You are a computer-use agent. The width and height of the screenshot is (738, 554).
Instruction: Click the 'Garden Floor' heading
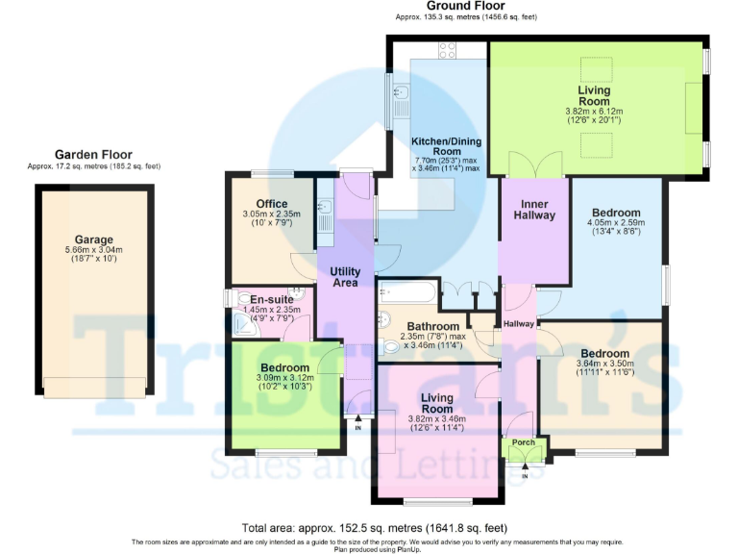coord(93,154)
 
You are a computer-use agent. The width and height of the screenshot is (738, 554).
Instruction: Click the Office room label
coord(258,203)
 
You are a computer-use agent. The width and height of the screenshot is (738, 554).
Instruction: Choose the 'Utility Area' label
coord(345,277)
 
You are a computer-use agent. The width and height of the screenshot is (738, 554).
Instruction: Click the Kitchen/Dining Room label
coord(446,145)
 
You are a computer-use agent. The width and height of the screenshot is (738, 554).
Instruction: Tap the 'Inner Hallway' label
coord(535,210)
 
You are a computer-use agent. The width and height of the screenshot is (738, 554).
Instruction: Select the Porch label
coord(524,443)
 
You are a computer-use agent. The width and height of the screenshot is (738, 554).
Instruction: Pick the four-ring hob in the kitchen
coord(448,49)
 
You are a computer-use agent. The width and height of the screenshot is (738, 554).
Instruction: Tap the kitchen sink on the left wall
coord(401,94)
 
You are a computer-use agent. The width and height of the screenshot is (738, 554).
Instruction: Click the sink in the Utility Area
coord(325,207)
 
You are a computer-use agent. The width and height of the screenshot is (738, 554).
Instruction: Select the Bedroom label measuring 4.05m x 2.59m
coord(616,213)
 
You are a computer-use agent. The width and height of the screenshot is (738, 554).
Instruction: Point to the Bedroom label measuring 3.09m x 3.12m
coord(285,368)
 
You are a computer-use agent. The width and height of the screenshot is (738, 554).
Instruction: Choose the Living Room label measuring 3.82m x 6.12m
coord(594,95)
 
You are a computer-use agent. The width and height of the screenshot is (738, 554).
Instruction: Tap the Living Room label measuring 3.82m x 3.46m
coord(437,403)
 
